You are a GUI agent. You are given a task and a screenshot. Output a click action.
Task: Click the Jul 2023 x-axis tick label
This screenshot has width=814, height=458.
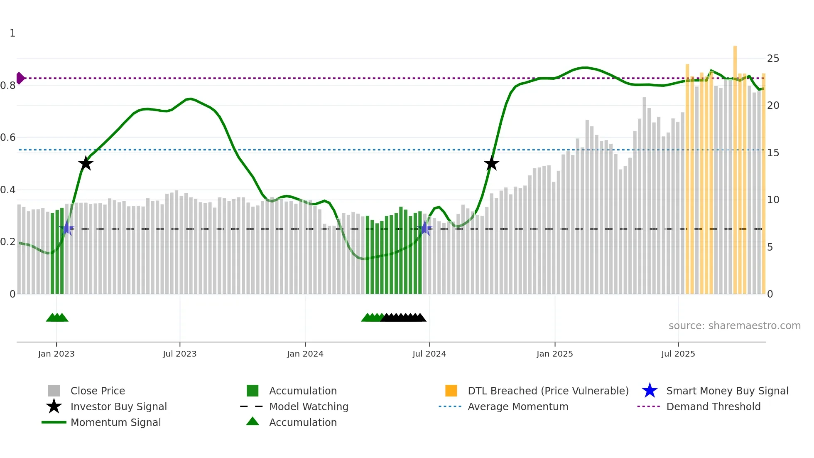(179, 354)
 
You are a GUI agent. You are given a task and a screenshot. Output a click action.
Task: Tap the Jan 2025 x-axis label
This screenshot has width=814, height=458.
(554, 354)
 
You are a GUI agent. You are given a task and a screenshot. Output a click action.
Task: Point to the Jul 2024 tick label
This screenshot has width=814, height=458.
(429, 354)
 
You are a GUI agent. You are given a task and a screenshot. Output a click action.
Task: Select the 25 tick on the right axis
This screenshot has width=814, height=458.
(773, 59)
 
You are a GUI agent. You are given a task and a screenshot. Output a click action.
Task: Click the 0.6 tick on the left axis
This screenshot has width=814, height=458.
(8, 138)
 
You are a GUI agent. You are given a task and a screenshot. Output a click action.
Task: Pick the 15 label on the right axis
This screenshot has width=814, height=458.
(773, 153)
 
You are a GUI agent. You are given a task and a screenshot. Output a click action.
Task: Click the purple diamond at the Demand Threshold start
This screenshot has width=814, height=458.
(20, 78)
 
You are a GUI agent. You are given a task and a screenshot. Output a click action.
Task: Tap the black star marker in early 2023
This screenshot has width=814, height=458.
(86, 163)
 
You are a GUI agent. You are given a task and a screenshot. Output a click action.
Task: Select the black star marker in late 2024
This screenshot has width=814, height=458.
(491, 163)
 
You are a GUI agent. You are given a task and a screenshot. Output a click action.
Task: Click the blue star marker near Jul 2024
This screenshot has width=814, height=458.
(425, 229)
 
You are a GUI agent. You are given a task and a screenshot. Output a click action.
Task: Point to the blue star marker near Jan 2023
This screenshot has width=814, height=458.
(67, 229)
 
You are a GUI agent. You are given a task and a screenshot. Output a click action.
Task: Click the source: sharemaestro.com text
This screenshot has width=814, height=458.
(734, 326)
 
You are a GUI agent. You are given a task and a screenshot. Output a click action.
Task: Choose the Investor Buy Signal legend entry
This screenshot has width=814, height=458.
(118, 406)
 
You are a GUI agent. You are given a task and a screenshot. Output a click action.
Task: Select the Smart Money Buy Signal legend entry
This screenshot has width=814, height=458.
(727, 391)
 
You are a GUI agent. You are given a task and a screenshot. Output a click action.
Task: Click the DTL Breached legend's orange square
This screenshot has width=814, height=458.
(451, 391)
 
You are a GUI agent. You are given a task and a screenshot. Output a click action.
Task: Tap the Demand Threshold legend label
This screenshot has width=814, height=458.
(713, 406)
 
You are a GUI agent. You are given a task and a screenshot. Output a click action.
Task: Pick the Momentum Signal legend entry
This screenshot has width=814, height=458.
(115, 422)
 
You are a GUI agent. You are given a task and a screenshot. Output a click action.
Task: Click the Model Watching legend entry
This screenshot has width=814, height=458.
(308, 406)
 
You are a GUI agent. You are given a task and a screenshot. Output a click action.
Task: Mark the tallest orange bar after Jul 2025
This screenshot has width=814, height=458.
(735, 166)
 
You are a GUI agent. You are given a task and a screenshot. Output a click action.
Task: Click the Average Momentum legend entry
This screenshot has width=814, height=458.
(517, 406)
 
